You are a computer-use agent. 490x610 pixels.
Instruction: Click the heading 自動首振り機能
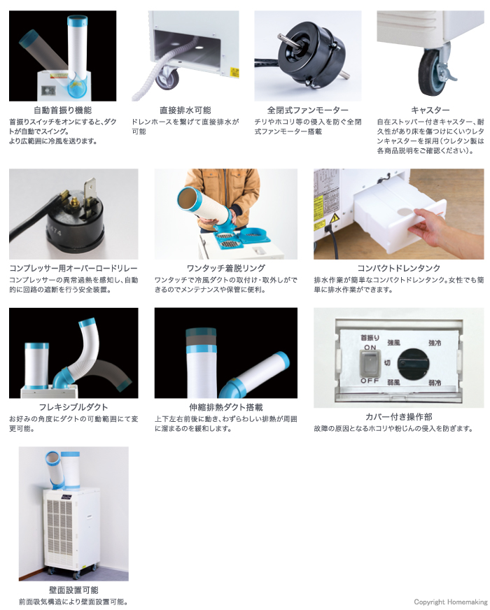click(62, 111)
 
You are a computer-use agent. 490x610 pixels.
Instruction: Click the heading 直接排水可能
click(185, 111)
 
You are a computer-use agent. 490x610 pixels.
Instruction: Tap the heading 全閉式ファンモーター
click(307, 111)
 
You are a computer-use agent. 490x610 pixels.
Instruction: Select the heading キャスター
click(430, 111)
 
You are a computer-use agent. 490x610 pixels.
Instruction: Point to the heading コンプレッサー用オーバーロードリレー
click(73, 269)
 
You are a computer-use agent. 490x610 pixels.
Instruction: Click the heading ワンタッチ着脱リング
click(216, 269)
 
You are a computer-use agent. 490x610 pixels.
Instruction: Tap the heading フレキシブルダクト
click(64, 407)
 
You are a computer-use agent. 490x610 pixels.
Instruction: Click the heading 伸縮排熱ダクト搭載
click(216, 407)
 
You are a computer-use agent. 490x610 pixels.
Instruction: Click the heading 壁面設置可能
click(73, 590)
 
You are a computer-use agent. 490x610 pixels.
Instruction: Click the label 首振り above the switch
click(370, 338)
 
